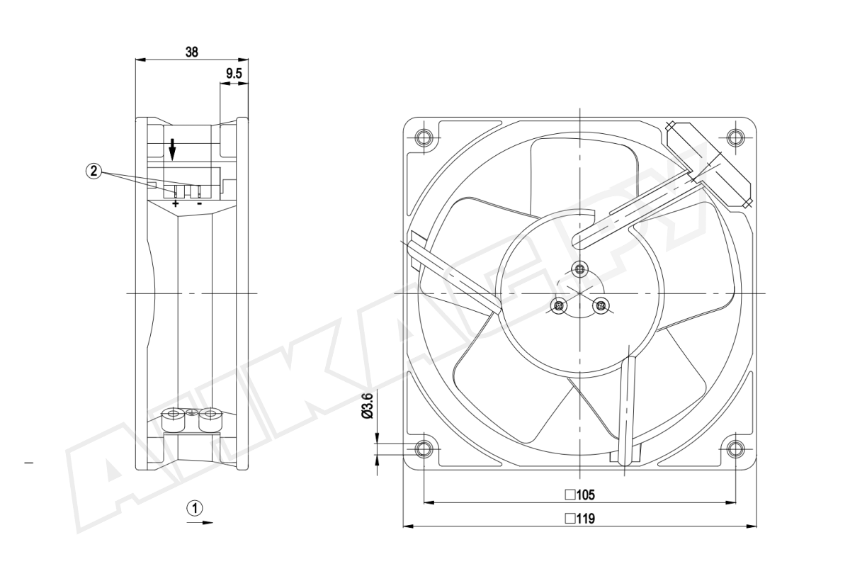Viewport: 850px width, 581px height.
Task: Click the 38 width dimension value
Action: click(192, 51)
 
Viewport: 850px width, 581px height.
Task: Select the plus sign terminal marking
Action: click(176, 204)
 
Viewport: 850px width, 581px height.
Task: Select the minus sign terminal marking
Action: click(200, 204)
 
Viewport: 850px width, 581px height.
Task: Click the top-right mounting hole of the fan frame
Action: click(735, 136)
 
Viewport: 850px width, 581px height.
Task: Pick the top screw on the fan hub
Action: click(580, 268)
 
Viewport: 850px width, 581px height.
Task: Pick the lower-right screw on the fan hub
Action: click(601, 306)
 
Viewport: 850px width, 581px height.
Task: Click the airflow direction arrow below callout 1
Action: click(200, 523)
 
